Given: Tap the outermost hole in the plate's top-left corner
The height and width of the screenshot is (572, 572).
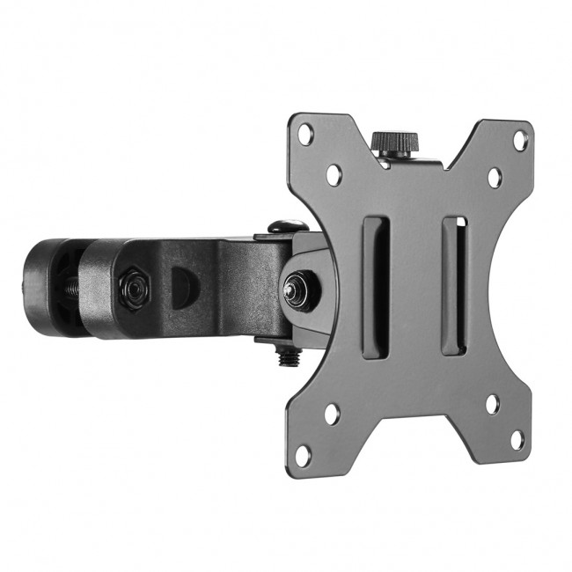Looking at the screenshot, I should [305, 136].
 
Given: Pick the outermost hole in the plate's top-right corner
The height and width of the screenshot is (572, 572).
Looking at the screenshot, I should [521, 140].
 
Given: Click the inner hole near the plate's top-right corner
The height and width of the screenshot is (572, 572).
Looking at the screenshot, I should [495, 176].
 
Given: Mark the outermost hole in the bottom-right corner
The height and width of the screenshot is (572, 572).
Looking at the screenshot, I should [518, 439].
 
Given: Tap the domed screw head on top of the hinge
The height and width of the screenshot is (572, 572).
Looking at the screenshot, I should [281, 228].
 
